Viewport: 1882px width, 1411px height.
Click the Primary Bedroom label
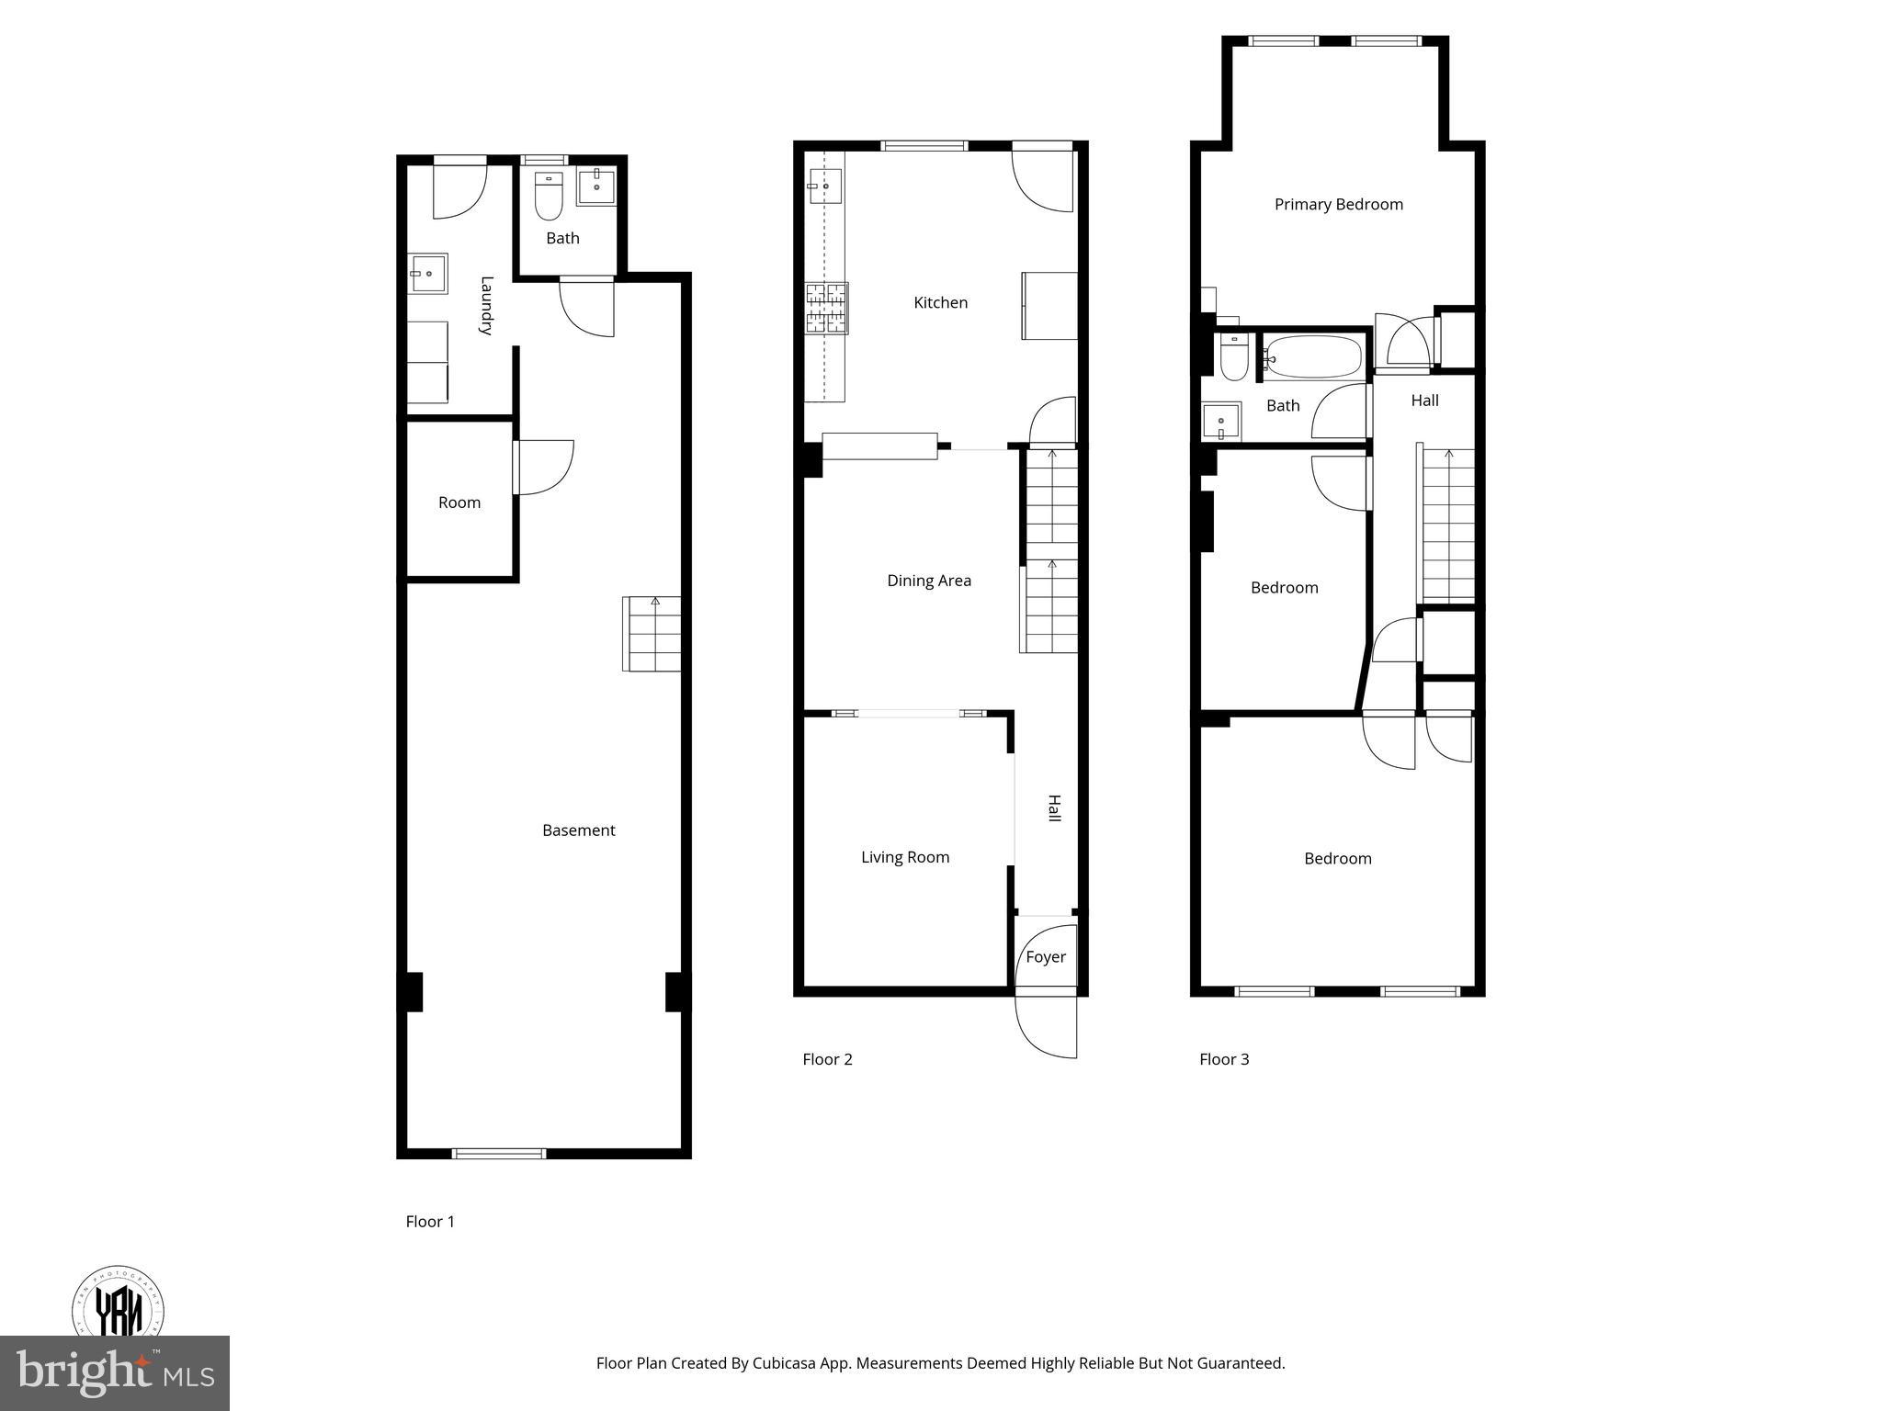click(x=1338, y=204)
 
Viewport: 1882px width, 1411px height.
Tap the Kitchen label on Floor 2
click(x=940, y=302)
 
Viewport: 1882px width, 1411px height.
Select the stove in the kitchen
click(x=826, y=309)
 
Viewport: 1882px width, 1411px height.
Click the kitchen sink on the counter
click(x=824, y=186)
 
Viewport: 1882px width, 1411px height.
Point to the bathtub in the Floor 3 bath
click(x=1313, y=358)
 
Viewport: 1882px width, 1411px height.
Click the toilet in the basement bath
click(x=549, y=197)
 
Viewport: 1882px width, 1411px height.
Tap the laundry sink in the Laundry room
click(x=428, y=274)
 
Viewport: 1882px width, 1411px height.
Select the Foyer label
click(x=1046, y=957)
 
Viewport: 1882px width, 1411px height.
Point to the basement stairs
click(x=653, y=634)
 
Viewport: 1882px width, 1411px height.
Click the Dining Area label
click(x=928, y=581)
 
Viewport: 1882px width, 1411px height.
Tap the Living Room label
click(x=904, y=857)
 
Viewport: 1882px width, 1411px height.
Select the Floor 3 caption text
click(x=1224, y=1059)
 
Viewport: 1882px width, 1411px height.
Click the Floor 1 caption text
click(x=430, y=1222)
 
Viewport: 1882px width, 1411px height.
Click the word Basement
click(x=578, y=830)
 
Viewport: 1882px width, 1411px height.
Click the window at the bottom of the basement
click(x=499, y=1154)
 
